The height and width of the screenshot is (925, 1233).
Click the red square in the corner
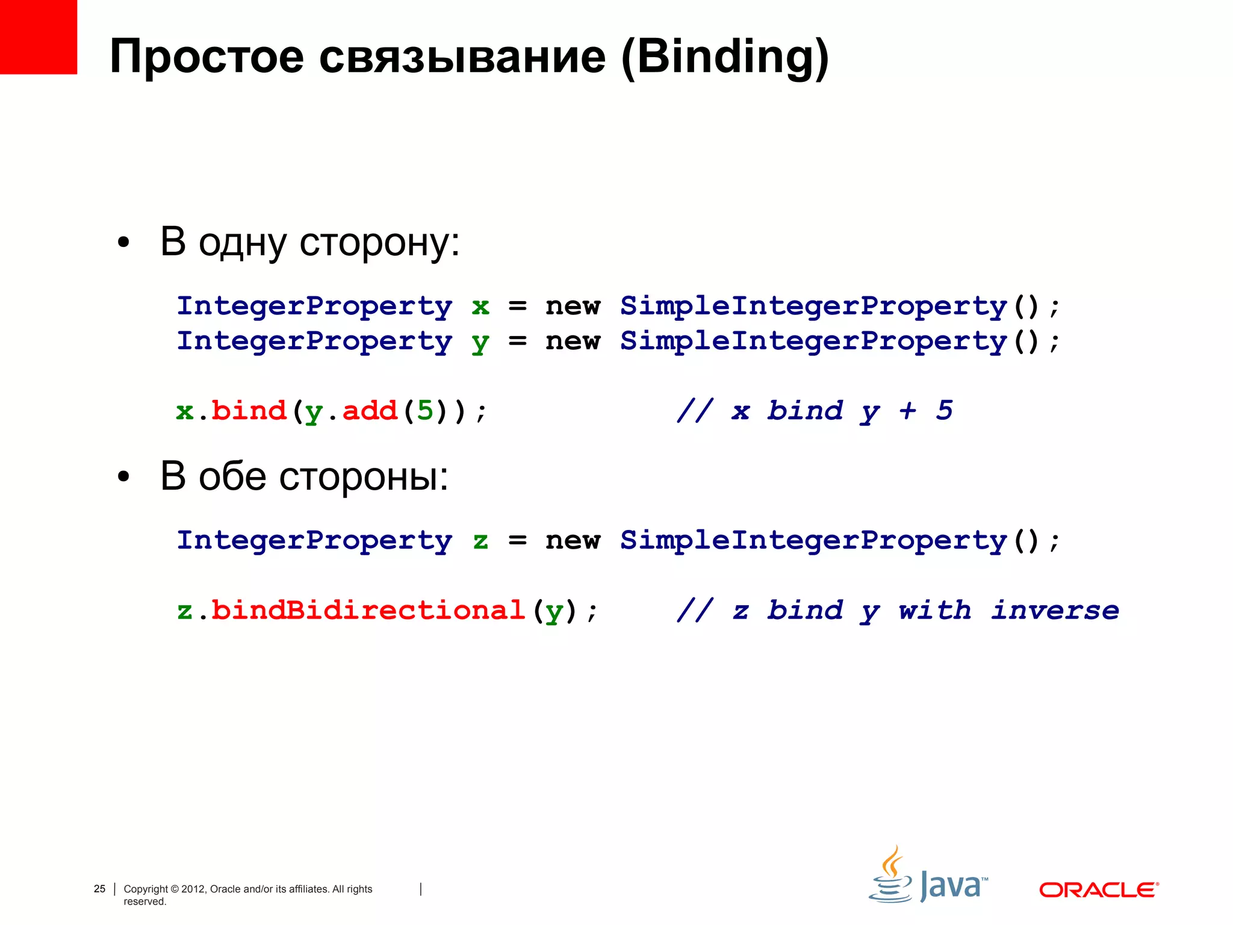pos(38,36)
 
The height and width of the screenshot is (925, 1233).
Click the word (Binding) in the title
pos(725,58)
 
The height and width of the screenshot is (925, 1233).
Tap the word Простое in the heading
pos(207,58)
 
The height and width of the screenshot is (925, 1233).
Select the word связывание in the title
pos(462,58)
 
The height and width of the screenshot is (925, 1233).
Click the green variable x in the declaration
pos(480,307)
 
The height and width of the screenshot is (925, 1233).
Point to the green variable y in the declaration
pos(480,343)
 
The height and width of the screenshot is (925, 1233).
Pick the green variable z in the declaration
pos(480,541)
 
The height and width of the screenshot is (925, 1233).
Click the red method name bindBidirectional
pos(368,611)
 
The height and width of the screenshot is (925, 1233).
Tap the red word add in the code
pos(370,411)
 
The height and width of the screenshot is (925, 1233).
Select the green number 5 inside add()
pos(425,411)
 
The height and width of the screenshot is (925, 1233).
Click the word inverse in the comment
pos(1055,611)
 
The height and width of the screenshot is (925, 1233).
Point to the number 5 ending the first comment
pos(944,411)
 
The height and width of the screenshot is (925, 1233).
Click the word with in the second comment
pos(934,611)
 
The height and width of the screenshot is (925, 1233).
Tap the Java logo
pos(928,877)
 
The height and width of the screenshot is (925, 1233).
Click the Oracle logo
pos(1099,890)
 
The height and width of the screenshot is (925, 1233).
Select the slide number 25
pos(99,889)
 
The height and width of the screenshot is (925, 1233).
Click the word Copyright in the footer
pos(146,889)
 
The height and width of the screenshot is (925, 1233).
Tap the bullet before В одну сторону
pos(123,243)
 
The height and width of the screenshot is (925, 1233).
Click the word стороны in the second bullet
pos(364,477)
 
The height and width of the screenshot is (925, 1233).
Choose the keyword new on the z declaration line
pos(573,541)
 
